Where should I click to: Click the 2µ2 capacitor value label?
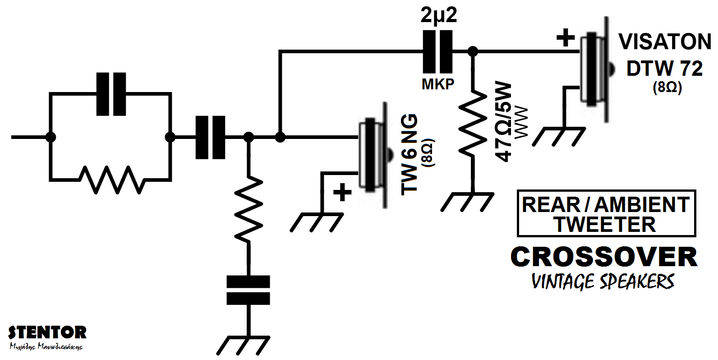pyautogui.click(x=438, y=16)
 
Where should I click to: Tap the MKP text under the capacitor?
pyautogui.click(x=438, y=84)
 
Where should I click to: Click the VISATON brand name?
pyautogui.click(x=665, y=42)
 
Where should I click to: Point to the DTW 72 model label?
pyautogui.click(x=665, y=69)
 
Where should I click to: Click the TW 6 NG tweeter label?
pyautogui.click(x=410, y=154)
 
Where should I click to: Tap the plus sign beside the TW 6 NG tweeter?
pyautogui.click(x=343, y=193)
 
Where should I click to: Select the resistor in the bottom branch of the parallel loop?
pyautogui.click(x=111, y=179)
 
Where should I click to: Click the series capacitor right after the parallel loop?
pyautogui.click(x=210, y=137)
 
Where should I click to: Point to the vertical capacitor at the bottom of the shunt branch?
pyautogui.click(x=248, y=291)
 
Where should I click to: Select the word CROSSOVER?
pyautogui.click(x=604, y=257)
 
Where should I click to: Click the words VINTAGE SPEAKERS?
pyautogui.click(x=603, y=282)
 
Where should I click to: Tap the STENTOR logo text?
pyautogui.click(x=47, y=333)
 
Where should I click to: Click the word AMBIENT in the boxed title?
pyautogui.click(x=642, y=204)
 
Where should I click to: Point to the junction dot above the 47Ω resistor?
pyautogui.click(x=472, y=51)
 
